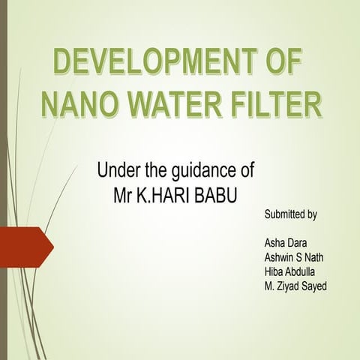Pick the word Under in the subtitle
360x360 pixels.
click(118, 169)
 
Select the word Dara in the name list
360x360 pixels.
click(303, 243)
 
